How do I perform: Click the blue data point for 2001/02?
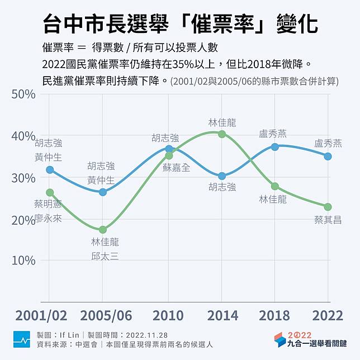50,169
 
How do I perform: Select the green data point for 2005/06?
103,230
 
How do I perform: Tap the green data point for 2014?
221,134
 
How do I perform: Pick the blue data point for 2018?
274,147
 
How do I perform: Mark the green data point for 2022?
328,207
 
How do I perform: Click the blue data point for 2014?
221,176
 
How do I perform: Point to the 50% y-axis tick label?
23,93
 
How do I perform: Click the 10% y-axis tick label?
23,260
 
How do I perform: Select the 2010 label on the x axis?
168,315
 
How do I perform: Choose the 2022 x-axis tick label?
328,315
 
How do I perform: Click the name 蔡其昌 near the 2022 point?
328,220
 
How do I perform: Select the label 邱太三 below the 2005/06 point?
105,257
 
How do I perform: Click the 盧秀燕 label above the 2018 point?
273,134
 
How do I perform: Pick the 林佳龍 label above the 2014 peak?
222,122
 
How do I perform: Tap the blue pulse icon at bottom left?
22,339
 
